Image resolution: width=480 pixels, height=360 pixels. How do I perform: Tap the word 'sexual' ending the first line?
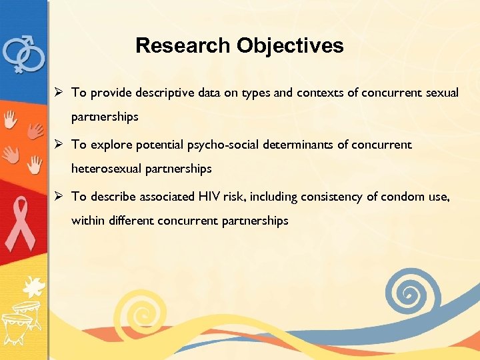tap(442, 93)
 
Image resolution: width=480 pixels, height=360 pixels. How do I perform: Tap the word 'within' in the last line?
tap(86, 221)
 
